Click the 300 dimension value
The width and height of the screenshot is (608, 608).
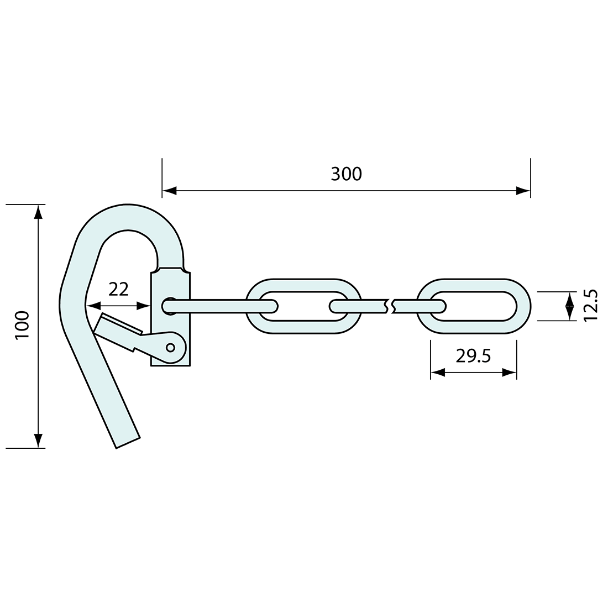[347, 174]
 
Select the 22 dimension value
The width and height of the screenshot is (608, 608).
[119, 289]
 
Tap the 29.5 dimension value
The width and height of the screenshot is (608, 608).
[473, 357]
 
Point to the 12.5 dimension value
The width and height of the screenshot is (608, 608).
[590, 305]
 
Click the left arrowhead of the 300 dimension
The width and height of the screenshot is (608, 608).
[169, 191]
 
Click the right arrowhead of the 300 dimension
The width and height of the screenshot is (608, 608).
[523, 191]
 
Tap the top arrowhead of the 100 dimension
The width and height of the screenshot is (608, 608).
[38, 212]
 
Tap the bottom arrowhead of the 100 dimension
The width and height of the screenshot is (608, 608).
[38, 440]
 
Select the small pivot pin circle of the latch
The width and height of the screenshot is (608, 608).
[171, 347]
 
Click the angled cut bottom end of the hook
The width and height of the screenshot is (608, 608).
[128, 442]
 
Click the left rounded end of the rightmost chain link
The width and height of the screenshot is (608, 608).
[424, 306]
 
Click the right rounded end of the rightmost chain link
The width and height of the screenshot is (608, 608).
[524, 306]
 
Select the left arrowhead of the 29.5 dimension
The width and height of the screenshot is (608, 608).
[437, 373]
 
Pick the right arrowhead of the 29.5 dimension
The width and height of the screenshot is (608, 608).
[510, 373]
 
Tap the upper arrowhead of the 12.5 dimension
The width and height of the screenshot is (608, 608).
[569, 298]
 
